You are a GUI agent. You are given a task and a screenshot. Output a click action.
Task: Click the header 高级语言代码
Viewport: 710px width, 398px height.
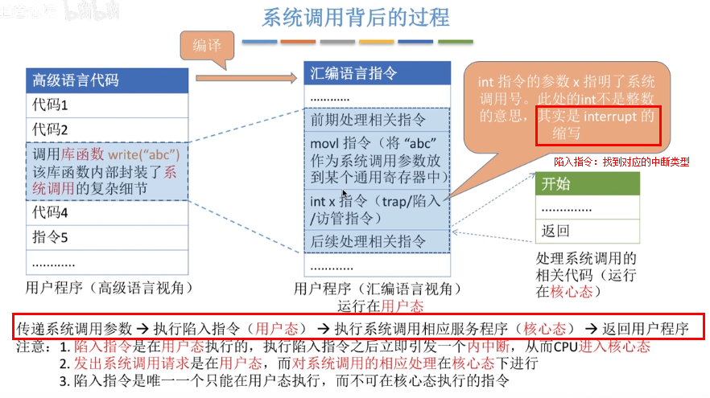click(x=75, y=80)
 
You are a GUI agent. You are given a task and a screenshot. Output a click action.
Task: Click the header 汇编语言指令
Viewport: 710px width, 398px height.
click(x=353, y=74)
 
